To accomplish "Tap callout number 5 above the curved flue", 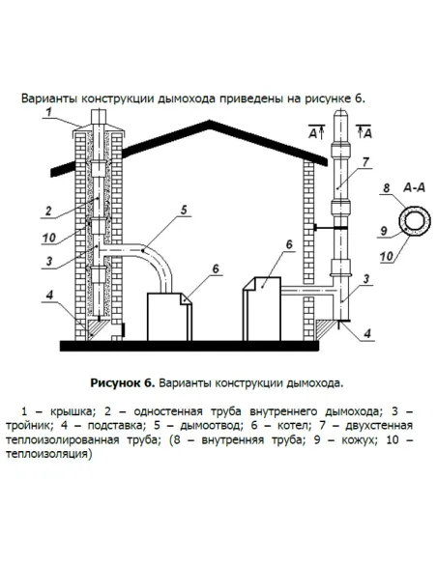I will pyautogui.click(x=183, y=207).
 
